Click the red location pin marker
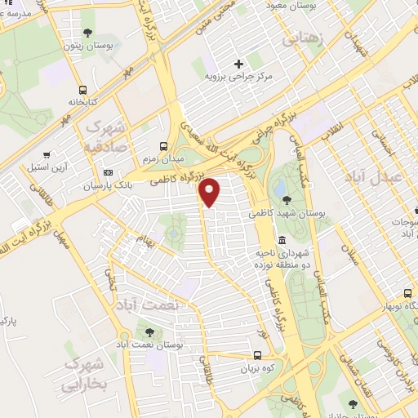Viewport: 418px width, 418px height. click(x=210, y=191)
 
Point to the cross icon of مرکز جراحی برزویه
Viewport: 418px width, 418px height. click(x=238, y=64)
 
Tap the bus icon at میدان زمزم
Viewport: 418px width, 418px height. click(x=164, y=146)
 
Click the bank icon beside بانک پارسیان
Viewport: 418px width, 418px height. click(x=109, y=173)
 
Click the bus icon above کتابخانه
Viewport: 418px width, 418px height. click(x=82, y=91)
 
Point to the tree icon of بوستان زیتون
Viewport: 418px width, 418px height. click(x=87, y=33)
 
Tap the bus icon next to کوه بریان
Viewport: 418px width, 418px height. click(x=257, y=355)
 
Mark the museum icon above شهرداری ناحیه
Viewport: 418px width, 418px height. click(x=282, y=240)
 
